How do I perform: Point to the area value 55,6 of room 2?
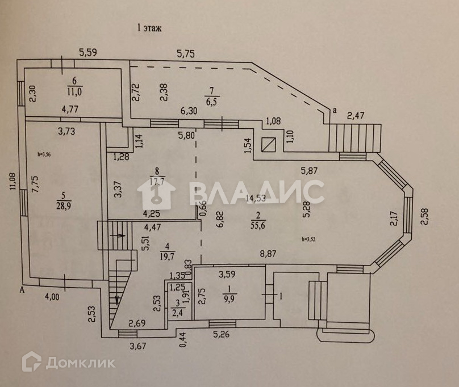(258, 225)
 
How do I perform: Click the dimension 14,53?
(253, 199)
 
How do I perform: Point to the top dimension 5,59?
(87, 53)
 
